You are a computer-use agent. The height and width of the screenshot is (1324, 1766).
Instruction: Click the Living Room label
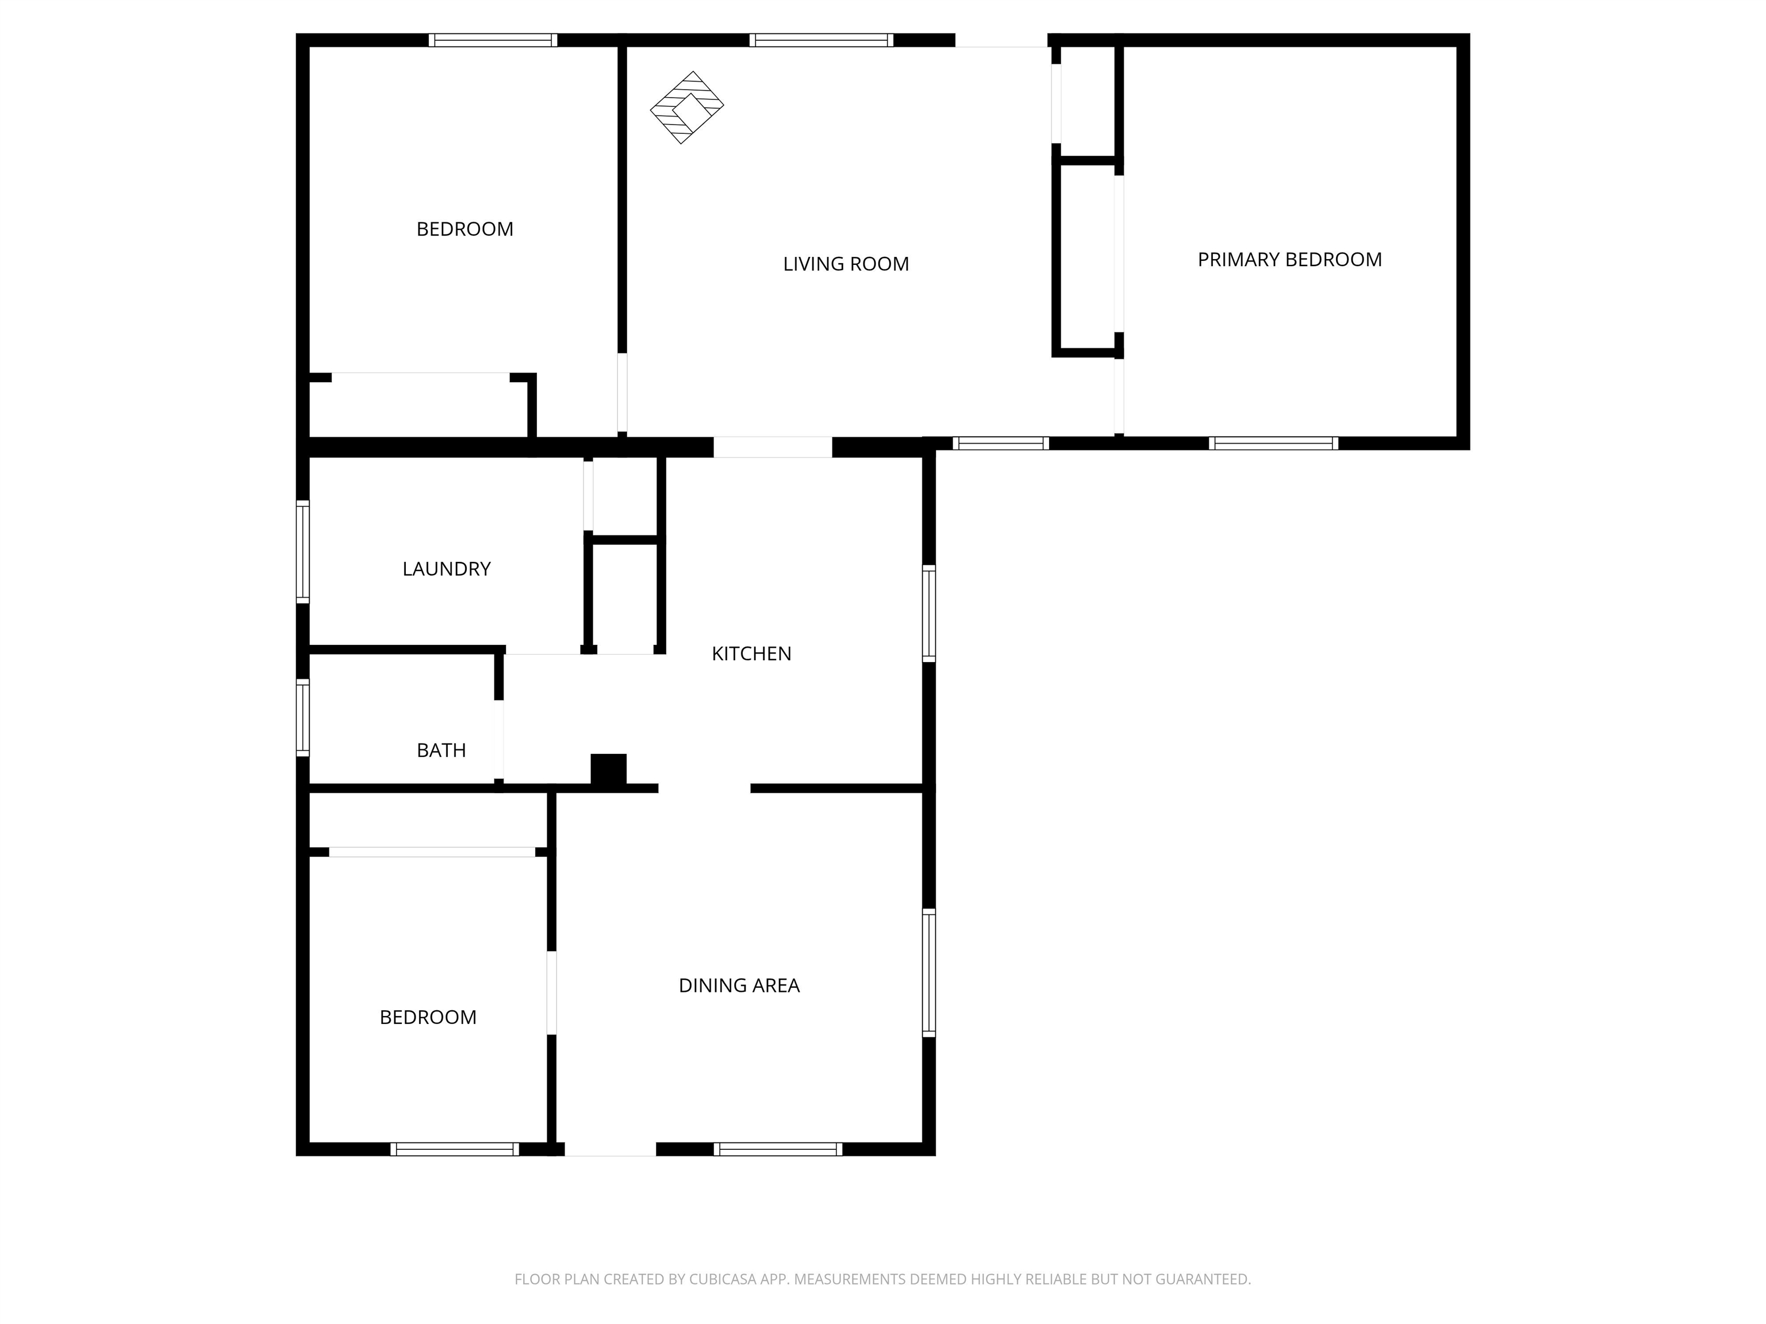click(846, 264)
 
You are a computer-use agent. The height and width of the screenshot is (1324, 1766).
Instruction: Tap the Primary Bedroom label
click(1289, 259)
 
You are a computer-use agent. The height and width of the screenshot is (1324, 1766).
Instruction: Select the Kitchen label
click(751, 653)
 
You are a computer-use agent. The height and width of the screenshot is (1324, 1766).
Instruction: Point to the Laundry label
click(446, 569)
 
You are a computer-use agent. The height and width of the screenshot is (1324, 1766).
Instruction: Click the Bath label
click(441, 750)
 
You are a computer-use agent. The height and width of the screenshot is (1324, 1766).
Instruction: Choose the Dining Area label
click(739, 986)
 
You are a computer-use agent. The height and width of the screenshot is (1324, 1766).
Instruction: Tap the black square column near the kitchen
click(608, 769)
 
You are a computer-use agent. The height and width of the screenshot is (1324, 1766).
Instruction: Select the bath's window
click(302, 717)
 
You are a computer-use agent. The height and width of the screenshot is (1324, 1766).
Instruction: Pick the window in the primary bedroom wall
click(1273, 443)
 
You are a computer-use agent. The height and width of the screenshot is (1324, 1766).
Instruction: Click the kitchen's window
click(928, 613)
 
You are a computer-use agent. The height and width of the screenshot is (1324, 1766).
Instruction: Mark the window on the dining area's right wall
click(928, 973)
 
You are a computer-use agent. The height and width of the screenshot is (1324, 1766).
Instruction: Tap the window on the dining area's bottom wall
click(778, 1149)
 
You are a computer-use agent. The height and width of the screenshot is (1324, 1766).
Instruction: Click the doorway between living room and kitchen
click(773, 447)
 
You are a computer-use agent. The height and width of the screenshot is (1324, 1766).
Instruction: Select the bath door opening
click(499, 739)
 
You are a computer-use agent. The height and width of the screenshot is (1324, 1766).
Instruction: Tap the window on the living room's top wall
click(821, 40)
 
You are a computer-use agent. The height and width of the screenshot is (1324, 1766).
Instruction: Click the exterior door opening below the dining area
click(611, 1149)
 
